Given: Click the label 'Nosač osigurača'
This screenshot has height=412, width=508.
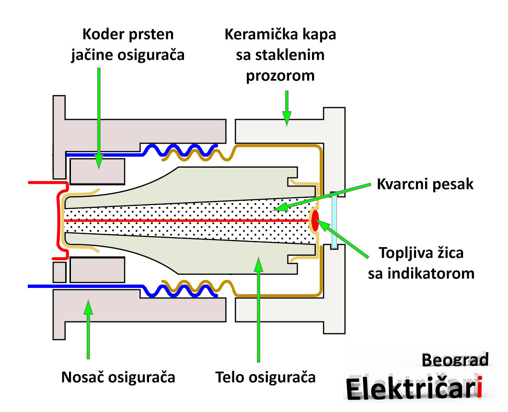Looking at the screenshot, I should (x=118, y=377).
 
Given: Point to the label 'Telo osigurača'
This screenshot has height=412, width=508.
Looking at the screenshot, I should (x=266, y=377).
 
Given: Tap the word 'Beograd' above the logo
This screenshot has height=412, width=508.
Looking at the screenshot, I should (x=455, y=359).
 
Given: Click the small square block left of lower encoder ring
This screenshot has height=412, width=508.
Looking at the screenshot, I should (x=59, y=272).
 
